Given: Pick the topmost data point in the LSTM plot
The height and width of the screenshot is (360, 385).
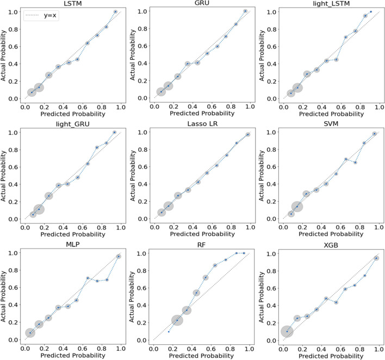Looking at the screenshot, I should tap(115, 11).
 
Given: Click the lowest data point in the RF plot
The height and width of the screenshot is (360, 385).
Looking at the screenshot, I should tap(169, 331).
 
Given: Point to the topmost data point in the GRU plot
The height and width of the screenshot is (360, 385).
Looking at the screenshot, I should tap(245, 11).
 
